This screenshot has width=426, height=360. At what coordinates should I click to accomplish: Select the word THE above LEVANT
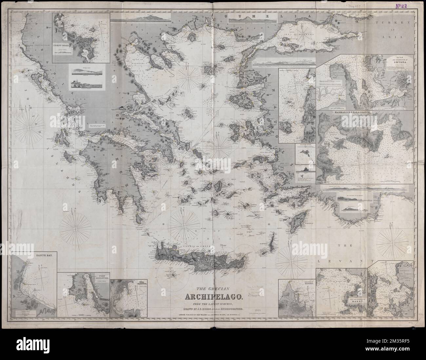click(x=347, y=246)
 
